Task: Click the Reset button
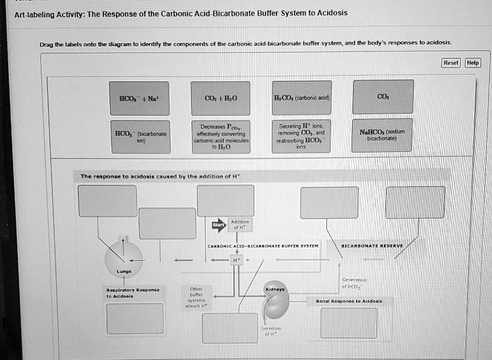point(451,63)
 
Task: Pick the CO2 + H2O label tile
point(221,99)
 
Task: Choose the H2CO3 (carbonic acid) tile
point(301,98)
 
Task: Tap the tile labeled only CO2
point(383,97)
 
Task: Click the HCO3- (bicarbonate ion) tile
point(140,137)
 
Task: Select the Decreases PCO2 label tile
point(221,137)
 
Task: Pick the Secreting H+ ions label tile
point(301,137)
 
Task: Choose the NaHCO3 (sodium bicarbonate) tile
point(382,136)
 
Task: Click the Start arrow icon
point(219,225)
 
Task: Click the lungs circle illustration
point(123,254)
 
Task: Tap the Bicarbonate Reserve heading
point(372,246)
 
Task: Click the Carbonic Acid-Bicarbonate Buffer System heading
point(263,246)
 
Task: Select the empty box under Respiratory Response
point(135,318)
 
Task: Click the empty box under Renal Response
point(349,323)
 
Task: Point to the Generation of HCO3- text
point(354,283)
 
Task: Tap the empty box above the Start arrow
point(225,200)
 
